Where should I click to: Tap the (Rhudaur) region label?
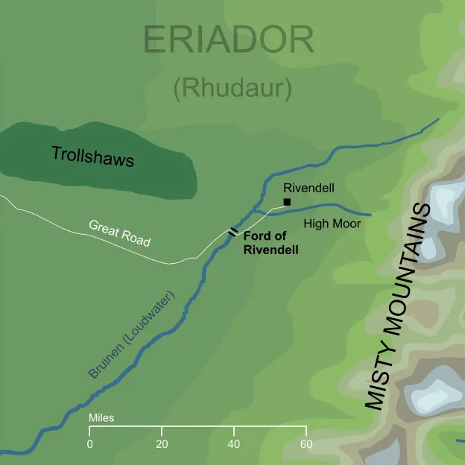click(232, 88)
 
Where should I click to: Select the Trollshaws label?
click(92, 156)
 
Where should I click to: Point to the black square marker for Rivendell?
click(287, 201)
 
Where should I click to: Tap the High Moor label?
click(332, 224)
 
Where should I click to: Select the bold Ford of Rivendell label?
click(271, 244)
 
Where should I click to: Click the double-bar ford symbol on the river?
click(233, 232)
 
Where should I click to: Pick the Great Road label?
click(119, 233)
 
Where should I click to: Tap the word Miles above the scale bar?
click(101, 419)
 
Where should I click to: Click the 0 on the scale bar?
click(89, 445)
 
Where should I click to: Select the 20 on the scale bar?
click(162, 445)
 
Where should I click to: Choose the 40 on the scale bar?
click(234, 445)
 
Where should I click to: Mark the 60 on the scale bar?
click(306, 445)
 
